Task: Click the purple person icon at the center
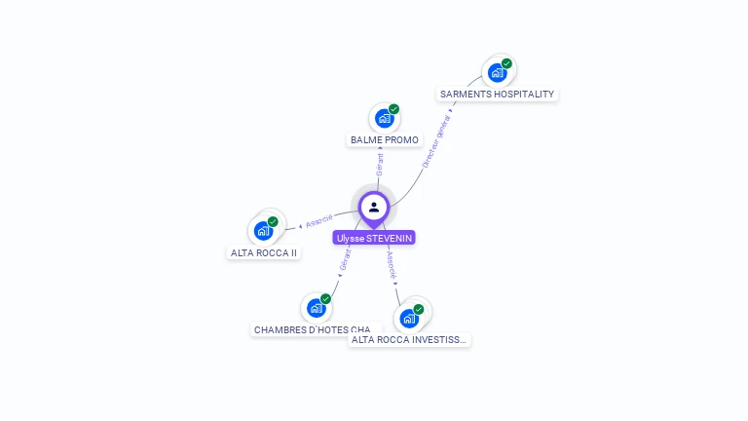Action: tap(374, 207)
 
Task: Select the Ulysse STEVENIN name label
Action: tap(374, 238)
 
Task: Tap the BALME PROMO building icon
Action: tap(384, 119)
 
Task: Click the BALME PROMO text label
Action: tap(385, 140)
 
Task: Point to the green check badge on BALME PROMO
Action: tap(394, 109)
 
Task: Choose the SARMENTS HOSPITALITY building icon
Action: tap(497, 72)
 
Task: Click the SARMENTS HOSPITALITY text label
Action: tap(497, 95)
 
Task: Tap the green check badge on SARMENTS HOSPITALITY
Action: tap(506, 63)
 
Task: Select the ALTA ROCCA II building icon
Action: tap(262, 231)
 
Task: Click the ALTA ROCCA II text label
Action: tap(264, 252)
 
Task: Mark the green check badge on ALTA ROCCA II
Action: tap(274, 221)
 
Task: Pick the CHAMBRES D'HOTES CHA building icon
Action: tap(315, 309)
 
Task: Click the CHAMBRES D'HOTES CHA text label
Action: tap(312, 330)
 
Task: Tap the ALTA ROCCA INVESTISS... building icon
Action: tap(409, 318)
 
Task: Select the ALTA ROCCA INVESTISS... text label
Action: tap(409, 340)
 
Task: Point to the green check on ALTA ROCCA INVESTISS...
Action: tap(419, 309)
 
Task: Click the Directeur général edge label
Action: tap(437, 142)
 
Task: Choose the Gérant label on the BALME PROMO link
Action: tap(380, 164)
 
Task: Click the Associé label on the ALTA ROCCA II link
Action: tap(318, 220)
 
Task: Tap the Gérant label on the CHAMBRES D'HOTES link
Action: tap(345, 260)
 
